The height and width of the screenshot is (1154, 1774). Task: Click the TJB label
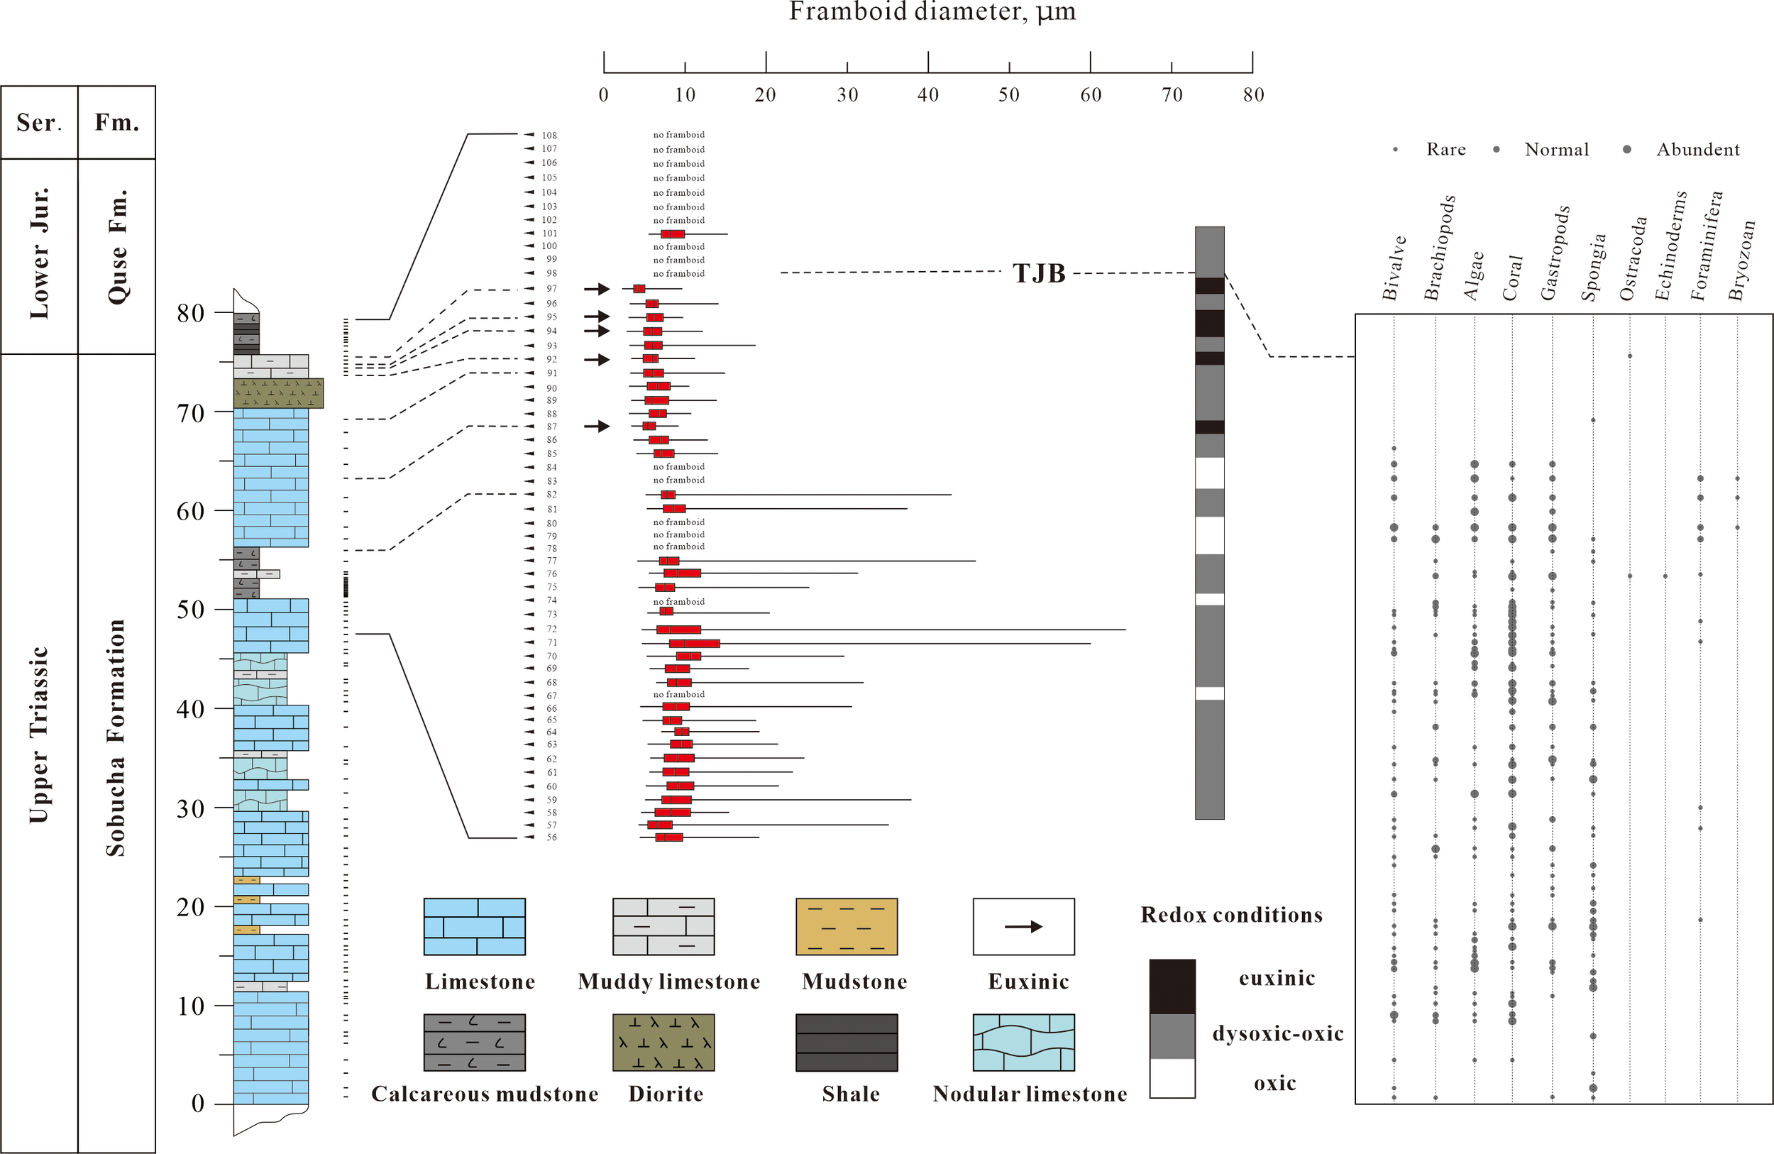[x=1038, y=273]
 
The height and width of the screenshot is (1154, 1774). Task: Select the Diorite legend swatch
[x=663, y=1042]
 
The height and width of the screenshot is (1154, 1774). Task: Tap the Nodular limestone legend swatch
[x=1023, y=1042]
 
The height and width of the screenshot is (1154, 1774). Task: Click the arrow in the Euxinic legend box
[x=1023, y=927]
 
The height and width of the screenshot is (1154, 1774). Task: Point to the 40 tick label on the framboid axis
[x=928, y=94]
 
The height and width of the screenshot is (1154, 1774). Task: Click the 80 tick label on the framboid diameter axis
[x=1253, y=94]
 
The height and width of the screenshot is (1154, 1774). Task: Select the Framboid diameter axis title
[x=932, y=12]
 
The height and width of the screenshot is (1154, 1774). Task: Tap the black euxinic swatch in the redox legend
[x=1172, y=986]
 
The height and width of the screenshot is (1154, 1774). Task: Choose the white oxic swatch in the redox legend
[x=1172, y=1078]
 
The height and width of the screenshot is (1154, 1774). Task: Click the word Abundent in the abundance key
[x=1697, y=150]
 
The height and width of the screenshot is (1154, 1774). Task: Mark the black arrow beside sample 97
[x=596, y=288]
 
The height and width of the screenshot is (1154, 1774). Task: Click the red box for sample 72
[x=678, y=630]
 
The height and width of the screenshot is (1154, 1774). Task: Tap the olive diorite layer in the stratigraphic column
[x=278, y=393]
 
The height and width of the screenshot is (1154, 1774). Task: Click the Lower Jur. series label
[x=39, y=253]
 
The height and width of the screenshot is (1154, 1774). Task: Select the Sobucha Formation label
[x=116, y=738]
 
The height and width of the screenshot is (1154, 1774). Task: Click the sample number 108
[x=549, y=136]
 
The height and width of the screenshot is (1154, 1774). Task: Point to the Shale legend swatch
[x=846, y=1042]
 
